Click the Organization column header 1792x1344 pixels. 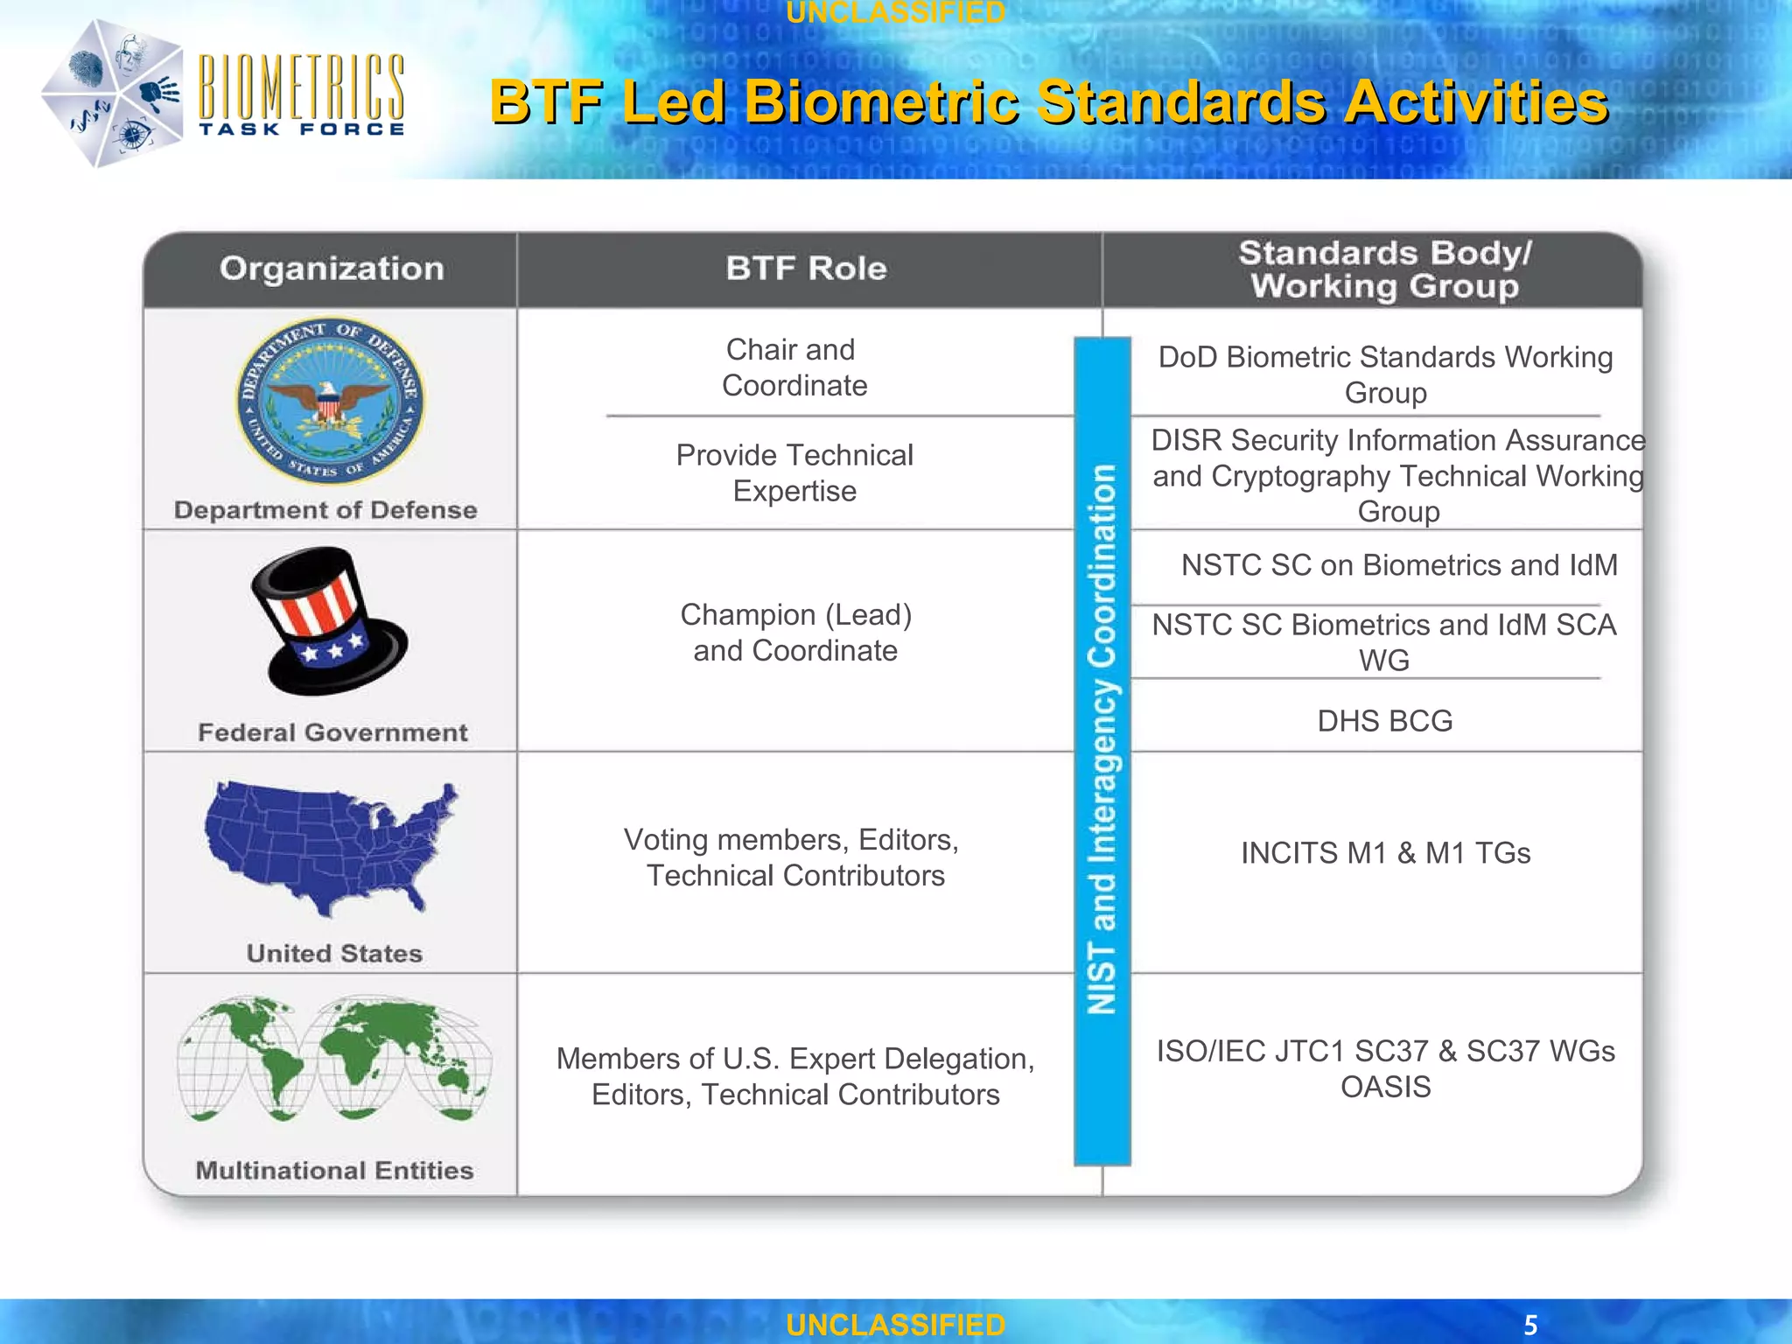pos(332,269)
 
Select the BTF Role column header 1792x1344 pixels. pos(806,269)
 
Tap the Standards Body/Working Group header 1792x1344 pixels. pos(1384,269)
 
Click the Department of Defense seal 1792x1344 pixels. pos(331,401)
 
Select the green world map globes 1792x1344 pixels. pos(333,1059)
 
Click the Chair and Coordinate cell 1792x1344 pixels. pos(794,367)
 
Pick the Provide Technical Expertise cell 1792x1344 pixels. pos(794,472)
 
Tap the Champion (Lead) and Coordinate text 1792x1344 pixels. pos(795,633)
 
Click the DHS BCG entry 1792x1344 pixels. pos(1384,721)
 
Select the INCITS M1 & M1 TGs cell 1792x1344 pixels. pos(1385,853)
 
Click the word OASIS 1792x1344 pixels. pos(1385,1087)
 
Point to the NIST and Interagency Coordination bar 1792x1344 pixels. pos(1102,751)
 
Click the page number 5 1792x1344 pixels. pos(1530,1325)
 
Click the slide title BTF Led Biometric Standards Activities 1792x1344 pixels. pos(1048,102)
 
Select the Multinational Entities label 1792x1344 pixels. pos(334,1171)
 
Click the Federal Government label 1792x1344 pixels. pos(332,732)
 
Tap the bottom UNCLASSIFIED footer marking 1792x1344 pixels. pos(895,1325)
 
